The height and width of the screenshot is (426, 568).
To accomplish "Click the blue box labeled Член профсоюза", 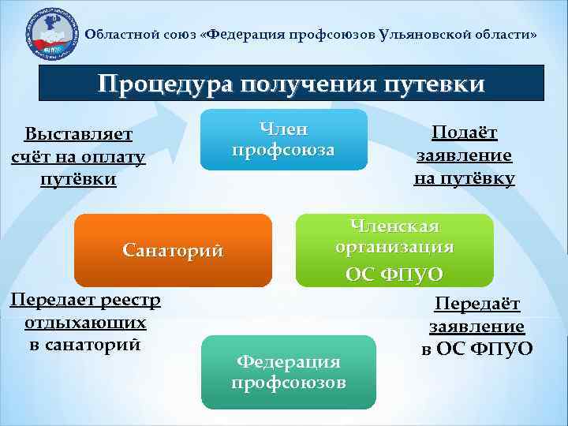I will click(x=283, y=140).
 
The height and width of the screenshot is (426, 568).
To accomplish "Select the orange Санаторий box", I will click(x=173, y=250).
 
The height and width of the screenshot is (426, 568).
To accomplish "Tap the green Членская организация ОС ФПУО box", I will click(x=394, y=249).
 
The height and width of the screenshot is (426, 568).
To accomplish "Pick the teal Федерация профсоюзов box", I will click(x=288, y=372).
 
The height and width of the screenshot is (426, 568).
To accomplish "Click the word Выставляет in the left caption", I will click(x=78, y=134).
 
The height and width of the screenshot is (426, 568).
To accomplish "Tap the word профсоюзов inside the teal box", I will click(x=288, y=383).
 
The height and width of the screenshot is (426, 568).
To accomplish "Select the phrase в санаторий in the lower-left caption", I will click(x=84, y=344).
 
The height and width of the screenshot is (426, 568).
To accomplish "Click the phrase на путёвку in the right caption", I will click(x=464, y=178).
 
